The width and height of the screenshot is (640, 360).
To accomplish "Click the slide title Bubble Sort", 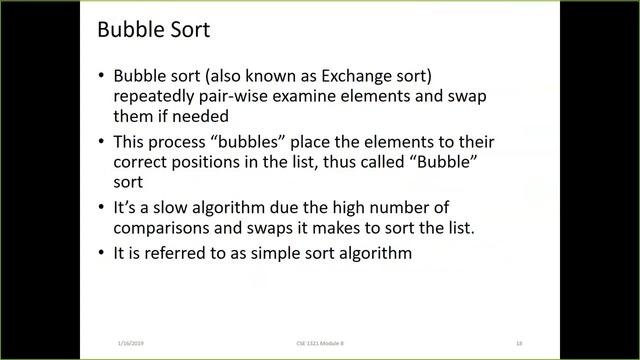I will pos(153,30).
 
